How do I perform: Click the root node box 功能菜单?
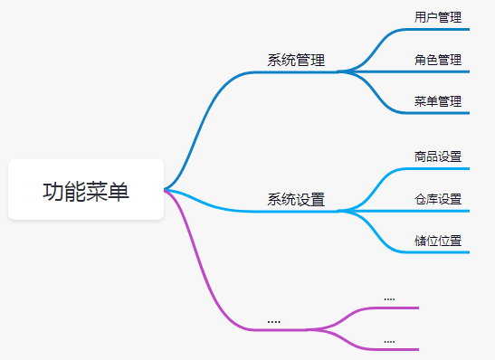point(86,190)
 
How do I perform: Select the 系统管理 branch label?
point(296,61)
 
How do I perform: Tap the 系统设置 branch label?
point(296,200)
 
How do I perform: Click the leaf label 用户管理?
point(438,17)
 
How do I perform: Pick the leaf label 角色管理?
point(438,60)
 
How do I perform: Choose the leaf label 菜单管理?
point(438,101)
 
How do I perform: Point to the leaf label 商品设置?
point(438,156)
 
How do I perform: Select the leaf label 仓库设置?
point(438,198)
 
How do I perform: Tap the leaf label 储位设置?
point(438,241)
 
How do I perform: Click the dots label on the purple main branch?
point(273,321)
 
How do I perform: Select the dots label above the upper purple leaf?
point(389,298)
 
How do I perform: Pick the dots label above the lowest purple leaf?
point(389,341)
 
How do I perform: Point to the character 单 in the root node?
point(119,191)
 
